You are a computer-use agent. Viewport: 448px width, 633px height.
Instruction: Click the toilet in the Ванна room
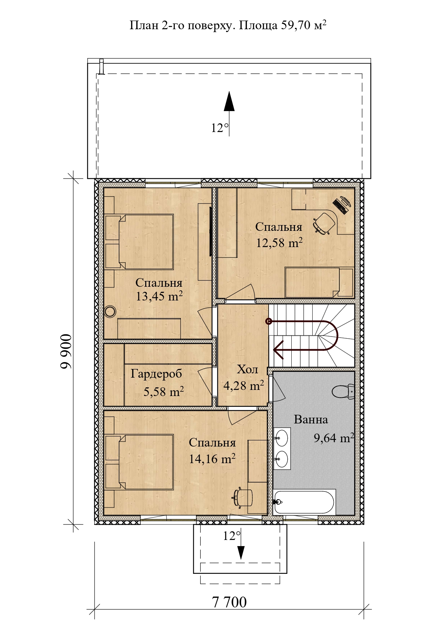[x=343, y=391]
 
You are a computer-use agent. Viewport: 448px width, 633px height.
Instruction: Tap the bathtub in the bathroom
[x=305, y=502]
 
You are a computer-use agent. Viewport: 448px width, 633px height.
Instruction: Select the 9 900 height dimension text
[x=66, y=352]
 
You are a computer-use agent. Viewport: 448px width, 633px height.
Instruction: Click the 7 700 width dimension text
[x=229, y=602]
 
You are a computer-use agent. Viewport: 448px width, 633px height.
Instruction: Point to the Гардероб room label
[x=156, y=374]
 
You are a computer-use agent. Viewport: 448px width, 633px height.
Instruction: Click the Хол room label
[x=247, y=369]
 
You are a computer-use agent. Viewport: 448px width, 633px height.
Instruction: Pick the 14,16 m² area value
[x=212, y=459]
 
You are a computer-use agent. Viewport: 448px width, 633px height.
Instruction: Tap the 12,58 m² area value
[x=279, y=243]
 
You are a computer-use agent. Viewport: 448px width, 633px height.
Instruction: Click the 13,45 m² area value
[x=159, y=296]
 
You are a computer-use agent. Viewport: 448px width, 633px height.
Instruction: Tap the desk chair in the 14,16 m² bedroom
[x=243, y=497]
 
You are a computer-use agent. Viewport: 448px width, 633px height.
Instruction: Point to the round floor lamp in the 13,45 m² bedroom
[x=110, y=311]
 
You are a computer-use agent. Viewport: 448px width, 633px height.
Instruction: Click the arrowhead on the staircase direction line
[x=278, y=350]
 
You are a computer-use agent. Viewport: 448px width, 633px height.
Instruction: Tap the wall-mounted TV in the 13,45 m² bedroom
[x=210, y=232]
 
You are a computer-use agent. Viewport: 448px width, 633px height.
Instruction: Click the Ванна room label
[x=311, y=419]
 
